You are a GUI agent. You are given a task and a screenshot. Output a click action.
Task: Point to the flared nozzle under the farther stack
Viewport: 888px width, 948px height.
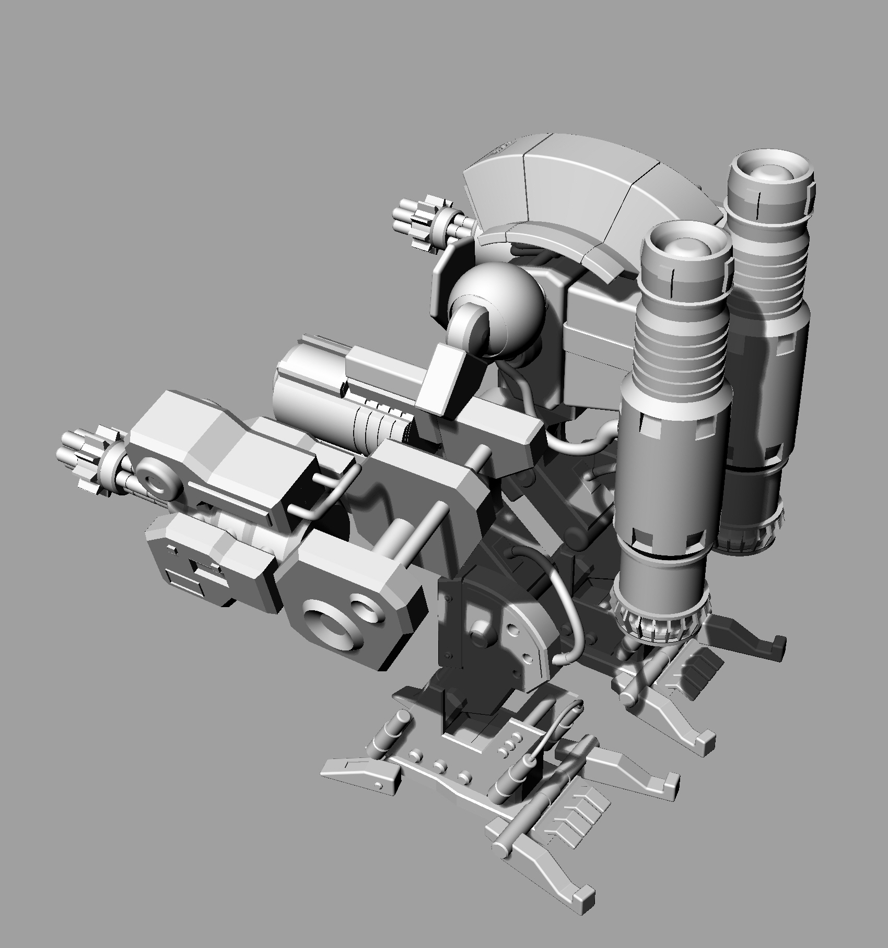(752, 530)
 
